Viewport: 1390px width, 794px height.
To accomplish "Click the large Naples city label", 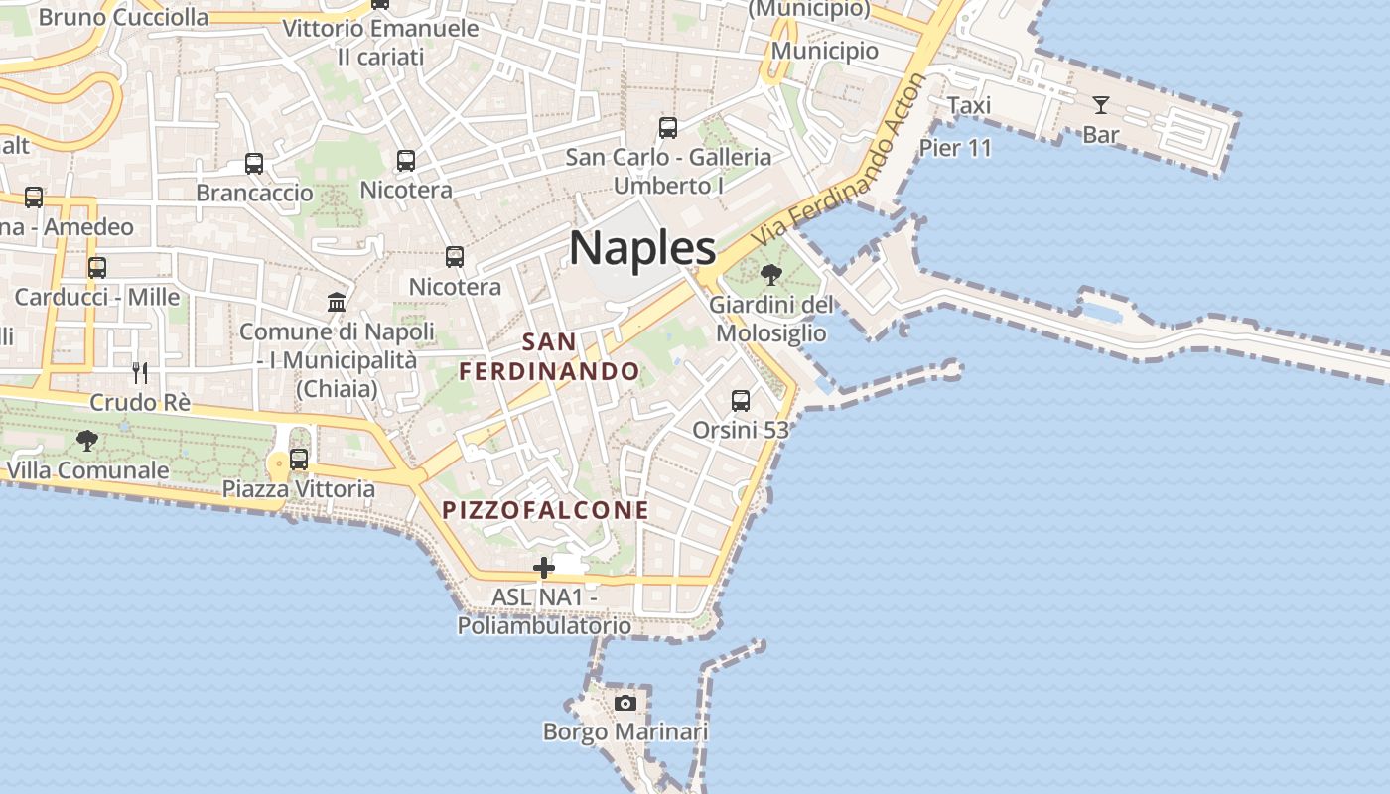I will pos(642,248).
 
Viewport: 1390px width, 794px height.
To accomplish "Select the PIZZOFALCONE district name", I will pos(545,510).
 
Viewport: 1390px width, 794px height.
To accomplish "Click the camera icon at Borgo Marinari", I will pos(625,704).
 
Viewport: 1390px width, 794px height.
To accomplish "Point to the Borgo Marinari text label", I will pos(625,732).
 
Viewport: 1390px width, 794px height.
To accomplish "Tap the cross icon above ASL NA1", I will pos(544,568).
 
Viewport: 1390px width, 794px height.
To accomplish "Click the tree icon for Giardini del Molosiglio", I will pos(770,274).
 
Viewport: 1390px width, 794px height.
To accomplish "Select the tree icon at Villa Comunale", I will pos(87,440).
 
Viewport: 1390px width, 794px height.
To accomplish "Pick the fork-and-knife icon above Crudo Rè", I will pos(140,373).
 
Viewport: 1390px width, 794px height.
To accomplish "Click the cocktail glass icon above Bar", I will pos(1101,104).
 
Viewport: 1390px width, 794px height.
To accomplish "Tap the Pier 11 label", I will pos(955,148).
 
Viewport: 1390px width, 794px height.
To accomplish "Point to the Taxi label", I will pos(969,105).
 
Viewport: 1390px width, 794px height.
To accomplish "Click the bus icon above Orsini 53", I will pos(741,401).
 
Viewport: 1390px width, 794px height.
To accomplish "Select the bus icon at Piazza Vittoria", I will pos(299,460).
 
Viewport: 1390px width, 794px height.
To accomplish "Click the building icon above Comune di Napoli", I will pos(337,302).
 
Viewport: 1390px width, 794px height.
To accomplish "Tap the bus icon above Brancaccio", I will pos(254,163).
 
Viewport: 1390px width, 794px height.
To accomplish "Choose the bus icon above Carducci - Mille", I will pos(97,267).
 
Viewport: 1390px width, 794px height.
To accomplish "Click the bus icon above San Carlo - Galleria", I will pos(668,127).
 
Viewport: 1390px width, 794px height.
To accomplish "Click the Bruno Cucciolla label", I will pos(123,17).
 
